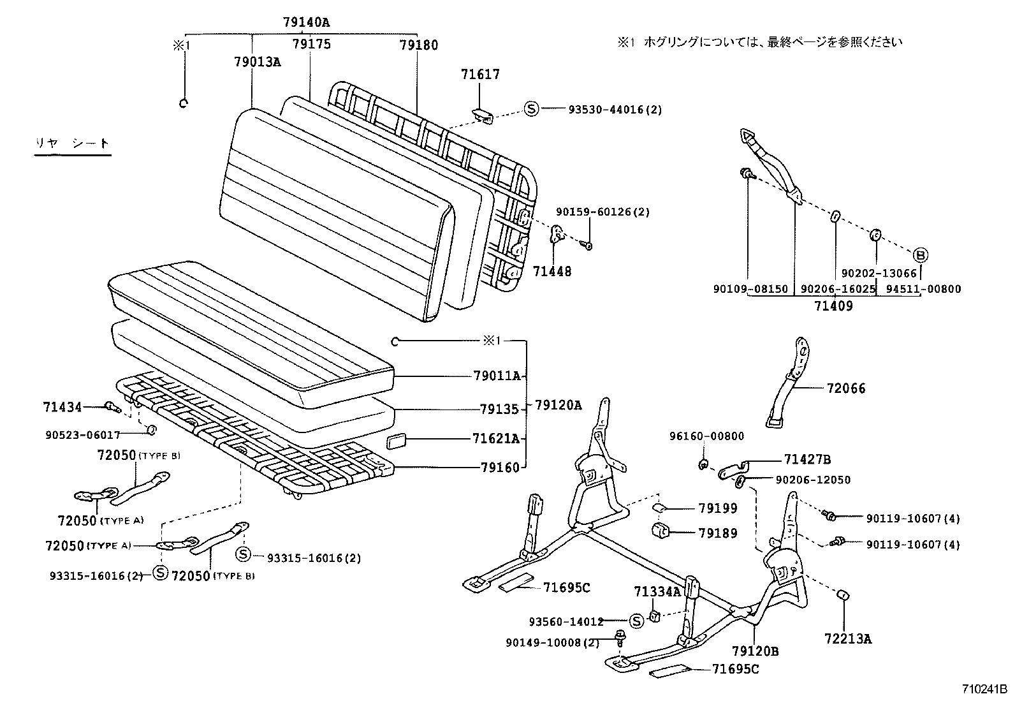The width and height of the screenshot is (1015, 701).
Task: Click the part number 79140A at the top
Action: click(306, 23)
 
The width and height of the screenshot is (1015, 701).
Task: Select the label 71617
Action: click(480, 75)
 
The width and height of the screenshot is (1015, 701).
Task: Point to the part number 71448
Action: click(552, 272)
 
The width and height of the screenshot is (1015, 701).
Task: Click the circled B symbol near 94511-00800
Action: click(921, 255)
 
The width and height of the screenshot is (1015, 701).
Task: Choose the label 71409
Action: click(833, 306)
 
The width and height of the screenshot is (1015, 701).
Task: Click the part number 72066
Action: click(846, 388)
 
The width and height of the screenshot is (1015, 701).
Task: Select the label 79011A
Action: click(498, 376)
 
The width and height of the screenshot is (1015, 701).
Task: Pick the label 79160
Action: click(500, 467)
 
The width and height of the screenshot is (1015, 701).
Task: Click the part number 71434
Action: click(62, 407)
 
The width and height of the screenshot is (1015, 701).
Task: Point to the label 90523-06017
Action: click(83, 435)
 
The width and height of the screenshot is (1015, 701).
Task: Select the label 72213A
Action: click(847, 637)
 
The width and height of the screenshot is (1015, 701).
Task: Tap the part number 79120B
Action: click(755, 651)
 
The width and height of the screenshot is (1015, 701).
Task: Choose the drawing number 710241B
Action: click(984, 690)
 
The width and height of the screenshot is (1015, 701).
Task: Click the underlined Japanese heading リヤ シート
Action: click(72, 144)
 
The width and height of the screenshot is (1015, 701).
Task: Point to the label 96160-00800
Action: click(706, 436)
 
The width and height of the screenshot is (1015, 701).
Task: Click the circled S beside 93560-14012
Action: click(636, 620)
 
